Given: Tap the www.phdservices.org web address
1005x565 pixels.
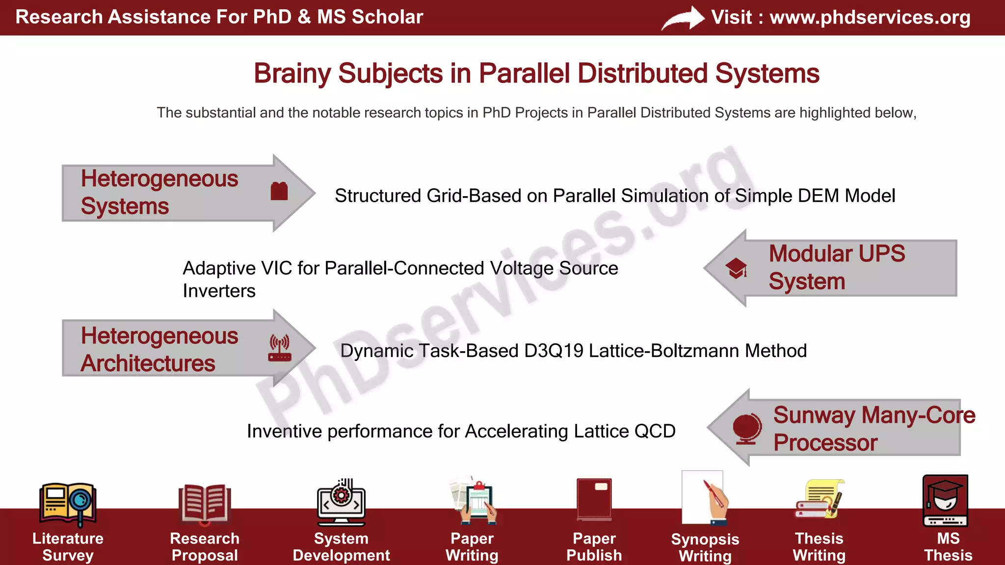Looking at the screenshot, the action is coord(870,17).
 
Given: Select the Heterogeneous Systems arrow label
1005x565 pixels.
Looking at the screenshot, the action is coord(159,192).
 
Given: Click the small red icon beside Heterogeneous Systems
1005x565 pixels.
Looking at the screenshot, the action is coord(279,191).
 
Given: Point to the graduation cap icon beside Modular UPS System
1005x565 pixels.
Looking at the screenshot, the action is coord(737,268).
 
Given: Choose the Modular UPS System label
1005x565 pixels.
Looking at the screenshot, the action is coord(837,267).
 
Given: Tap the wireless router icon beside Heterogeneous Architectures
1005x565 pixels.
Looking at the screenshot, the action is coord(280,348).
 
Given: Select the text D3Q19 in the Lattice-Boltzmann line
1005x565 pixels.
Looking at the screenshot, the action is coord(554,351).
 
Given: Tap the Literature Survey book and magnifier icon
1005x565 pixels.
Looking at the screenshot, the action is coord(68,503).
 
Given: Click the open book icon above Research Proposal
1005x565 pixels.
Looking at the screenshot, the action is coord(204,503).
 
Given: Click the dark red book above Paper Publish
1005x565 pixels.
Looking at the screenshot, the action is coord(594,499).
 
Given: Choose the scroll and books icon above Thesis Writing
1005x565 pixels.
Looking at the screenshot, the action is coord(819,499).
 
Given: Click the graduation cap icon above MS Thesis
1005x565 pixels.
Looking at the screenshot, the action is coord(945,499).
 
